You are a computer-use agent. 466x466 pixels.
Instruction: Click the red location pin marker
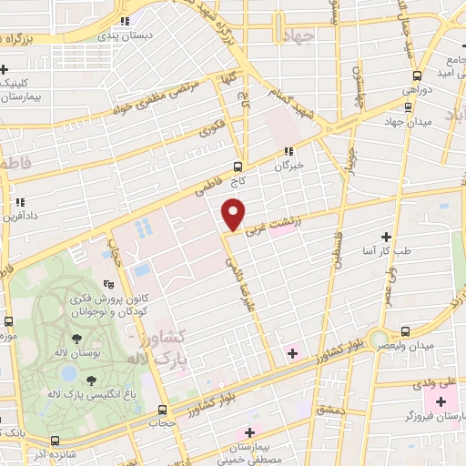point(234,215)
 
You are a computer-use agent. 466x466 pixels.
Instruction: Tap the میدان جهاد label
point(405,121)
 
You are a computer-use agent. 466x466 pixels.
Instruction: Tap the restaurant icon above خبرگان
point(288,151)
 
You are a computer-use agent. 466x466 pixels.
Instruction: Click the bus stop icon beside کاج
point(238,167)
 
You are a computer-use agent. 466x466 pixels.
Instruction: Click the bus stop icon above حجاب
point(162,410)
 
